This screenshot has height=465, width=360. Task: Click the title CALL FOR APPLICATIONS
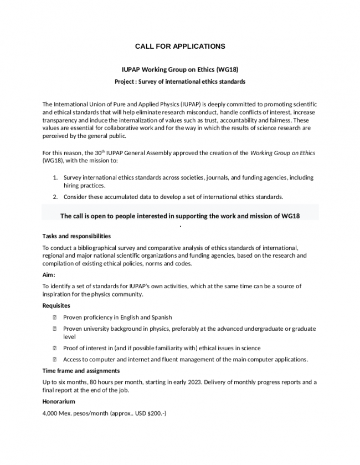(x=180, y=46)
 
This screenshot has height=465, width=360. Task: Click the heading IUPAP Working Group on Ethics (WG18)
(x=180, y=70)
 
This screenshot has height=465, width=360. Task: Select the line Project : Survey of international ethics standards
(x=180, y=81)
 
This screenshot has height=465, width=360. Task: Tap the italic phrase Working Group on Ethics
(x=283, y=153)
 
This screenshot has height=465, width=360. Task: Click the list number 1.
(x=55, y=178)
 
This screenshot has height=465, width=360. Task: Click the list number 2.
(x=55, y=197)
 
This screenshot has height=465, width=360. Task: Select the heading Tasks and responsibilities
(x=76, y=236)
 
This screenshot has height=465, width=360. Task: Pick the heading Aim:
(x=49, y=275)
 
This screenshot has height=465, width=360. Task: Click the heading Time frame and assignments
(x=81, y=371)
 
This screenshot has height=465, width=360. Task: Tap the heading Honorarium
(x=59, y=401)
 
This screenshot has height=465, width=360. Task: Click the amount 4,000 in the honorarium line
(x=52, y=413)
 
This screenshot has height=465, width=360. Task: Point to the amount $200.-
(x=157, y=413)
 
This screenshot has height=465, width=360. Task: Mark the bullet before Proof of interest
(x=55, y=348)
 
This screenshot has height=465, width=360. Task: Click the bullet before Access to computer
(x=55, y=359)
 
